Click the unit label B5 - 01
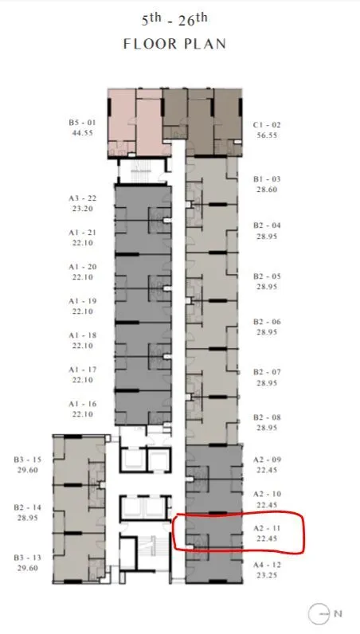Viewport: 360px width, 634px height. click(x=82, y=122)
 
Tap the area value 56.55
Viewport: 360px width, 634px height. click(x=267, y=135)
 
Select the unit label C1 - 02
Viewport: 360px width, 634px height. click(x=267, y=125)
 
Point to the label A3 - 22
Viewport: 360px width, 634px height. click(x=83, y=198)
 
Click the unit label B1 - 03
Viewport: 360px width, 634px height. click(x=267, y=179)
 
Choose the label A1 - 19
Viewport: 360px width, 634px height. click(x=83, y=301)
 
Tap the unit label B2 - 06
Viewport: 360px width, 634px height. click(x=267, y=322)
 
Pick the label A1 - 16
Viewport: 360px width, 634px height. click(x=83, y=404)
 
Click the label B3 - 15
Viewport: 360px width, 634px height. click(x=28, y=460)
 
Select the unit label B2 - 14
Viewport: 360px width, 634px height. click(x=28, y=507)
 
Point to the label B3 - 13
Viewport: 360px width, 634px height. click(x=28, y=558)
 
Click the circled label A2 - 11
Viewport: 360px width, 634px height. click(x=267, y=528)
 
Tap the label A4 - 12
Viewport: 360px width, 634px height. click(x=267, y=565)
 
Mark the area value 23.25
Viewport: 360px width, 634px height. click(x=267, y=575)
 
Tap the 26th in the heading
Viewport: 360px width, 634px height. click(x=193, y=19)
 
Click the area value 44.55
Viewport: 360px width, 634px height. click(x=82, y=133)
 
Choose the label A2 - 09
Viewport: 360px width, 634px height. click(x=267, y=460)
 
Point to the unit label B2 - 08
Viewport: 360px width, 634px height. click(x=267, y=417)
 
